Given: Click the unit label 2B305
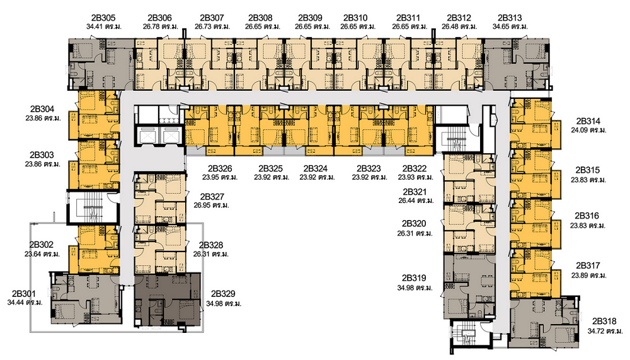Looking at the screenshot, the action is (103, 18).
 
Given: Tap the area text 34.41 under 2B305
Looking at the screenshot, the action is (94, 27).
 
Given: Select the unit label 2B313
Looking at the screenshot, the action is (510, 18).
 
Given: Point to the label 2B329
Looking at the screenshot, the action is (223, 294).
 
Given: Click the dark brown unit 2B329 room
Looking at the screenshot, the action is (167, 299).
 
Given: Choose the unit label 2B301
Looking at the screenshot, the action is (24, 294).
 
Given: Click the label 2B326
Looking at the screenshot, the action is (220, 168).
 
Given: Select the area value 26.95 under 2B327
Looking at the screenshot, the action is (202, 206).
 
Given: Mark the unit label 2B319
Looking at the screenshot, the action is (414, 278).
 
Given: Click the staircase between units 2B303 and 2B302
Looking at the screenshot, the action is (93, 207).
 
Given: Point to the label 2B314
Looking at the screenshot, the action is (588, 121).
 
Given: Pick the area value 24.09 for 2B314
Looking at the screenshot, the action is (579, 131).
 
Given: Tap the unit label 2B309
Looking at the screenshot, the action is (310, 18).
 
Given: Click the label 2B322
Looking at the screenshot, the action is (415, 168).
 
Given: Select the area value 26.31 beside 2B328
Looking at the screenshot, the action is (202, 255).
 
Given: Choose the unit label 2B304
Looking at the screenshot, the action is (42, 109).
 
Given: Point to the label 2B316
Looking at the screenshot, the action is (587, 216).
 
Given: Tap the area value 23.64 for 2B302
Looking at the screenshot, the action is (33, 255).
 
